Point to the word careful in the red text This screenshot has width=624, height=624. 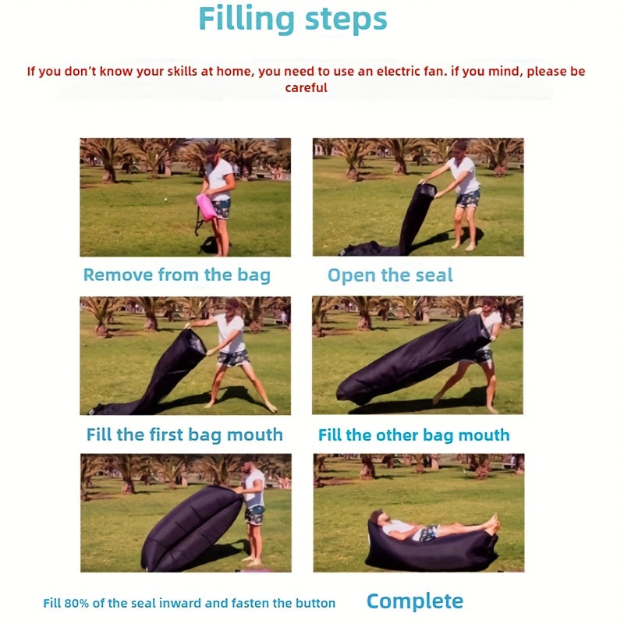coord(306,88)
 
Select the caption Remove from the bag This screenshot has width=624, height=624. coord(176,275)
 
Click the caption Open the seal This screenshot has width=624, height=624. coord(390,275)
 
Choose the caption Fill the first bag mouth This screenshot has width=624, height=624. coord(184,434)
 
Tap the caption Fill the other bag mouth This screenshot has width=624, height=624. coord(413,434)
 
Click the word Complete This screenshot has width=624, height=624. coord(414,601)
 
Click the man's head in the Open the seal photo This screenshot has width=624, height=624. coord(459,148)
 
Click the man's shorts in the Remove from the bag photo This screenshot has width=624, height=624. coord(221,208)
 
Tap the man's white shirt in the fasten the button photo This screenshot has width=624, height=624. coord(254,488)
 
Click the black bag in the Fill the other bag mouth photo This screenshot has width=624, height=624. coord(413,359)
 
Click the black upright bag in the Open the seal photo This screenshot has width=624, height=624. coord(417,214)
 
